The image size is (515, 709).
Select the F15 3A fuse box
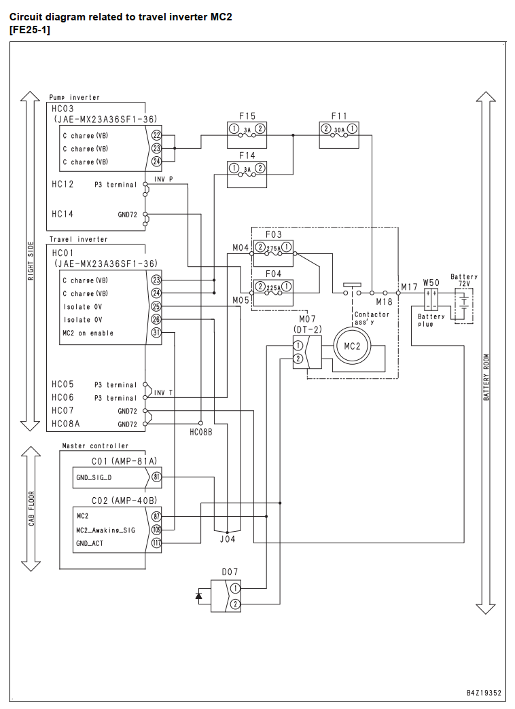pyautogui.click(x=247, y=134)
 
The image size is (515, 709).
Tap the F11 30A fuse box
pyautogui.click(x=339, y=134)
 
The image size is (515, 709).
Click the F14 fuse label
pyautogui.click(x=247, y=156)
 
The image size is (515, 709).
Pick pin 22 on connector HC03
pyautogui.click(x=156, y=135)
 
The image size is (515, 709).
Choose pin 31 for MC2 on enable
pyautogui.click(x=156, y=333)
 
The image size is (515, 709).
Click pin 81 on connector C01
pyautogui.click(x=156, y=477)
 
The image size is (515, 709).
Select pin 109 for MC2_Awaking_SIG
pyautogui.click(x=156, y=530)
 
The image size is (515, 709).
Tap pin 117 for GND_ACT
pyautogui.click(x=156, y=543)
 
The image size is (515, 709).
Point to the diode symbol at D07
pyautogui.click(x=198, y=596)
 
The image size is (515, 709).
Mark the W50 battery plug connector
pyautogui.click(x=431, y=299)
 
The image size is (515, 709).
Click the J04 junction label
pyautogui.click(x=227, y=539)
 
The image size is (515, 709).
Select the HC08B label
pyautogui.click(x=201, y=433)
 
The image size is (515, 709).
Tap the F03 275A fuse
pyautogui.click(x=273, y=253)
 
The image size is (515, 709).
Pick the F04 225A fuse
pyautogui.click(x=273, y=293)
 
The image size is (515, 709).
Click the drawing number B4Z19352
pyautogui.click(x=484, y=693)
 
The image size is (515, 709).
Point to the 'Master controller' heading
pyautogui.click(x=96, y=446)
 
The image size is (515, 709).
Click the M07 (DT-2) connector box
pyautogui.click(x=307, y=352)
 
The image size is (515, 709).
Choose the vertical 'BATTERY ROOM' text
pyautogui.click(x=486, y=378)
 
